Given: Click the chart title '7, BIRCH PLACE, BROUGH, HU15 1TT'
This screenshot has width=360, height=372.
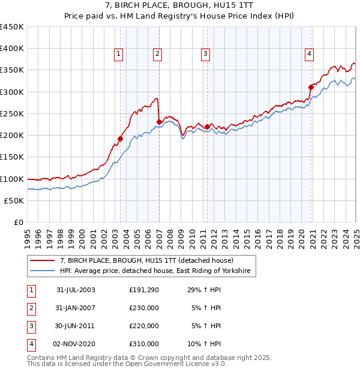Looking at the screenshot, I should pyautogui.click(x=180, y=5).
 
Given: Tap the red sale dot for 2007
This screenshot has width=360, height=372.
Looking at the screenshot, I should pyautogui.click(x=159, y=122).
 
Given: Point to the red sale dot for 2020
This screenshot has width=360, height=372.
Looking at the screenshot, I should pyautogui.click(x=311, y=87).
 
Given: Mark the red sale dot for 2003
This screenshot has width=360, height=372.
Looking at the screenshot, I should pyautogui.click(x=120, y=139).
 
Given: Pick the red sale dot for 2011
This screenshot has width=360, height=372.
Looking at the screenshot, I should pyautogui.click(x=207, y=127).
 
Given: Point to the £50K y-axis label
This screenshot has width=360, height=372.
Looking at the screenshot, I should pyautogui.click(x=14, y=200).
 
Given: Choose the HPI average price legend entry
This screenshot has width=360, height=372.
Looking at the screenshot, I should pyautogui.click(x=157, y=271).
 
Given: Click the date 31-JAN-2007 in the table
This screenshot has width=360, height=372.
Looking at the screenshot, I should pyautogui.click(x=76, y=307).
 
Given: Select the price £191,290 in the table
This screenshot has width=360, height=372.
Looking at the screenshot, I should pyautogui.click(x=144, y=289).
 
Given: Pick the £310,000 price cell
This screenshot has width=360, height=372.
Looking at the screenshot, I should pyautogui.click(x=144, y=344).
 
